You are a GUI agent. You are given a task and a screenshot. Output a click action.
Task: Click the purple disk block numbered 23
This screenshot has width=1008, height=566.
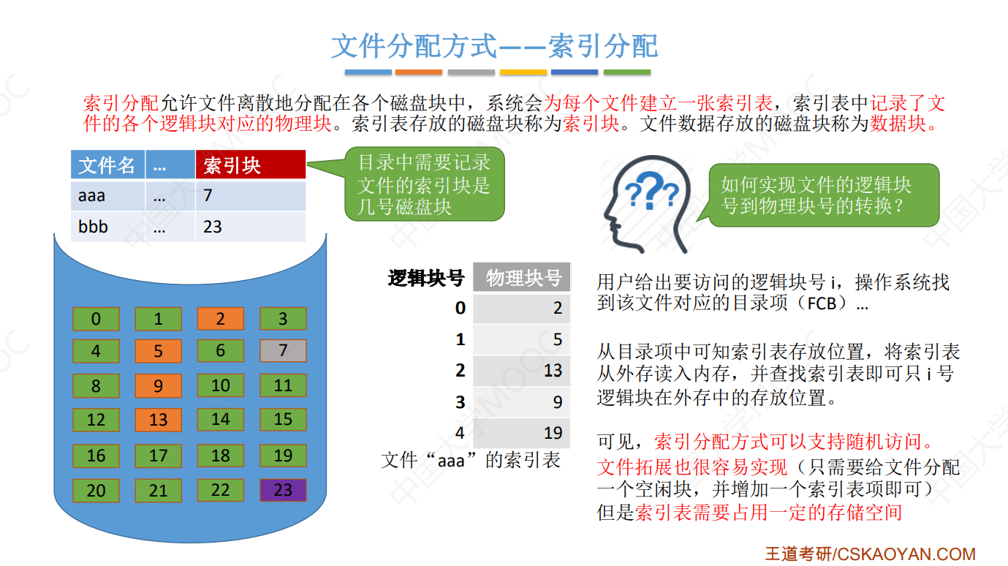click(283, 490)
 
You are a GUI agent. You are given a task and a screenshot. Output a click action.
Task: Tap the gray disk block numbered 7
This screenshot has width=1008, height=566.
click(283, 351)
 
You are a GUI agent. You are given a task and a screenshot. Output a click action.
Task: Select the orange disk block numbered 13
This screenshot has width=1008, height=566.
click(158, 420)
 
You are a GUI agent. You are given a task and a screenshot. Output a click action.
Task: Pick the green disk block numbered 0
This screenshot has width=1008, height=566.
click(96, 320)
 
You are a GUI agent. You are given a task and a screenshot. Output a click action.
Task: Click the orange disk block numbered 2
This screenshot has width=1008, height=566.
click(220, 320)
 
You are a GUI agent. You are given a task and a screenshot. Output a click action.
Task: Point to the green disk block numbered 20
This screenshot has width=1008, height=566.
click(96, 490)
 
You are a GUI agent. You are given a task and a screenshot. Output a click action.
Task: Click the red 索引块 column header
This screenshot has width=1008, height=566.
click(250, 165)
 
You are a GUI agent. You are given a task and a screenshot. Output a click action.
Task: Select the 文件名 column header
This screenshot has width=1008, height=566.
click(107, 165)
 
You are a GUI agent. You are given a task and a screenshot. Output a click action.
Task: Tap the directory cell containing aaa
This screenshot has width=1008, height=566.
click(107, 195)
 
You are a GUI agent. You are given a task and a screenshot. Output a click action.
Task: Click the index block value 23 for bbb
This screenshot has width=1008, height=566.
click(213, 227)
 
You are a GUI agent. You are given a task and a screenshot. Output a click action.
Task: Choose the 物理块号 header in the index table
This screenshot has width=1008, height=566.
click(523, 278)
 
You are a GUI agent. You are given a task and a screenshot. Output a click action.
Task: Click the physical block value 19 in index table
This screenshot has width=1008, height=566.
click(553, 433)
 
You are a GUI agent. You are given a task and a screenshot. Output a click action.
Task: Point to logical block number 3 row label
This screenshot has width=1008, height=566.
click(460, 401)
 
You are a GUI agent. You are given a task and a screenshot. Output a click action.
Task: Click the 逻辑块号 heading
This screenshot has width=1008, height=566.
click(426, 278)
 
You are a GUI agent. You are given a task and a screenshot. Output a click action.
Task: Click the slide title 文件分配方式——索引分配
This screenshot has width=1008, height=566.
click(495, 46)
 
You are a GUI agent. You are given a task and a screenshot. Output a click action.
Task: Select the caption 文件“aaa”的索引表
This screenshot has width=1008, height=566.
click(471, 461)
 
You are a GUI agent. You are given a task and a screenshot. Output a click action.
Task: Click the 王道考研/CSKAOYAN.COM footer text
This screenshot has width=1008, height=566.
click(870, 554)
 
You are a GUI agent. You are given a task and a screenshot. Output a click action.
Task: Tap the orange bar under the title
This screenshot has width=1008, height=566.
click(419, 72)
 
